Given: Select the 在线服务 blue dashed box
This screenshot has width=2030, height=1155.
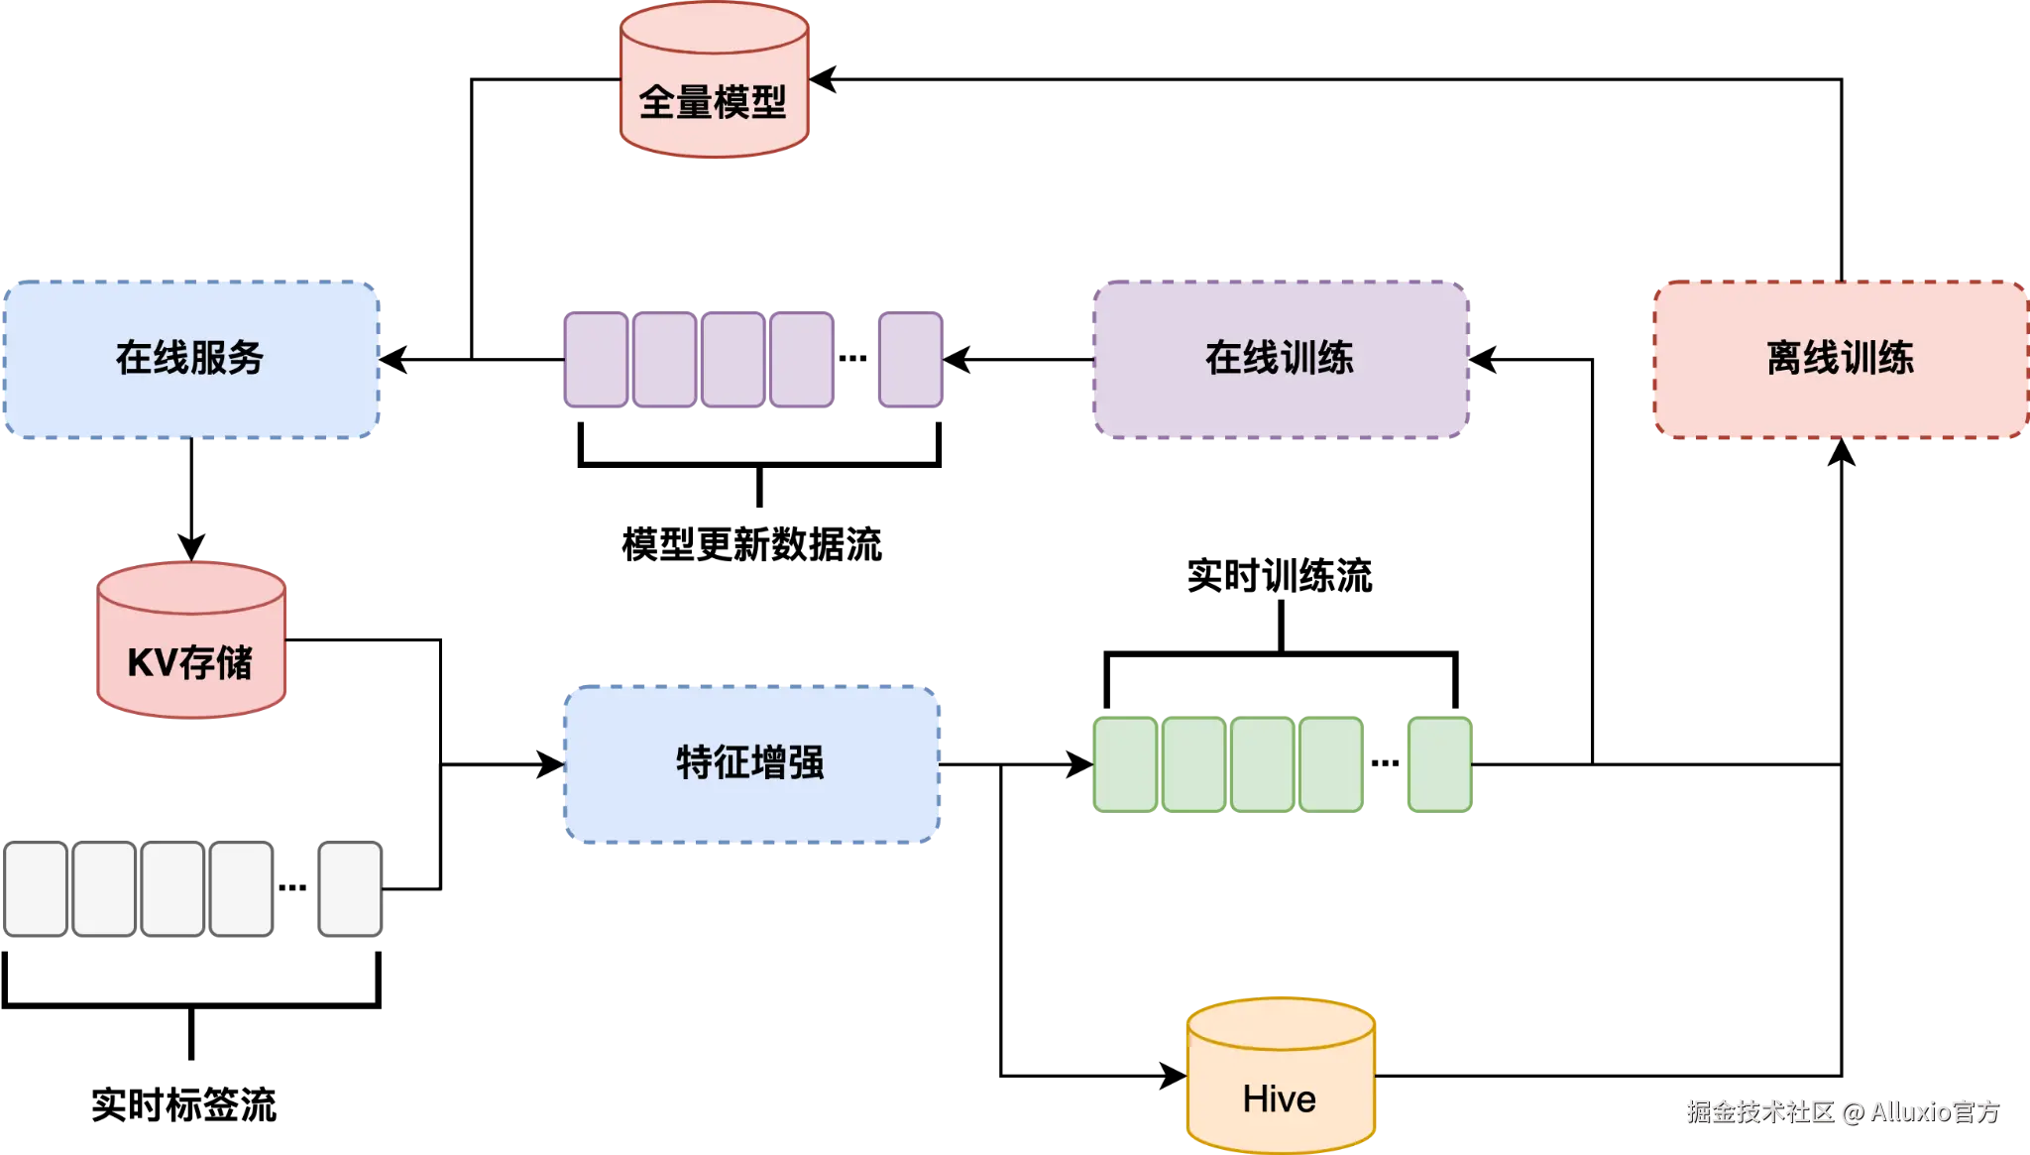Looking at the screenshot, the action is (x=190, y=359).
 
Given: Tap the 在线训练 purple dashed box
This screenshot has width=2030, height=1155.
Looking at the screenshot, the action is (x=1280, y=359).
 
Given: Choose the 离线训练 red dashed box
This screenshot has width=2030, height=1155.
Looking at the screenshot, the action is (x=1840, y=359).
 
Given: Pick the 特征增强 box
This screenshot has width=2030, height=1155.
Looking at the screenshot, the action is (x=750, y=763).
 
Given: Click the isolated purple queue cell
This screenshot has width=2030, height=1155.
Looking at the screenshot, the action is (x=910, y=360).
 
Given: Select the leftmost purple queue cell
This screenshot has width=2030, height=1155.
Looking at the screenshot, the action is (x=596, y=360).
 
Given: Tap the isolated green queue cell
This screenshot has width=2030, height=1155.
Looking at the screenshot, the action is (x=1439, y=764).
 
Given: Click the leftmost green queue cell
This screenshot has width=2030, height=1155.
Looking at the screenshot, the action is (x=1125, y=764).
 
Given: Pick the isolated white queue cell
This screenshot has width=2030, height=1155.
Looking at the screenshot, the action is (x=350, y=889).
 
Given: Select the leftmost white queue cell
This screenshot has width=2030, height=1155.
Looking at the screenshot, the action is (x=36, y=889).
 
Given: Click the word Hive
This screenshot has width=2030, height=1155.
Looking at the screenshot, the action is (x=1280, y=1099).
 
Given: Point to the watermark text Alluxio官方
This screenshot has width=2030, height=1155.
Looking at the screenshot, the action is (x=1934, y=1111).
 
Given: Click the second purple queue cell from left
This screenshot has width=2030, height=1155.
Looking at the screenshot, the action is (x=664, y=360).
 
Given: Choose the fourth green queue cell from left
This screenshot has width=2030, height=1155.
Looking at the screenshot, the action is (x=1330, y=764).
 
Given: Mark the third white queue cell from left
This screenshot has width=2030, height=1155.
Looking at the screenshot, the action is (x=172, y=889).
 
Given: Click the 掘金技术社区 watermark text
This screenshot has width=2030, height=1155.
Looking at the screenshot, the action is (x=1759, y=1111).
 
